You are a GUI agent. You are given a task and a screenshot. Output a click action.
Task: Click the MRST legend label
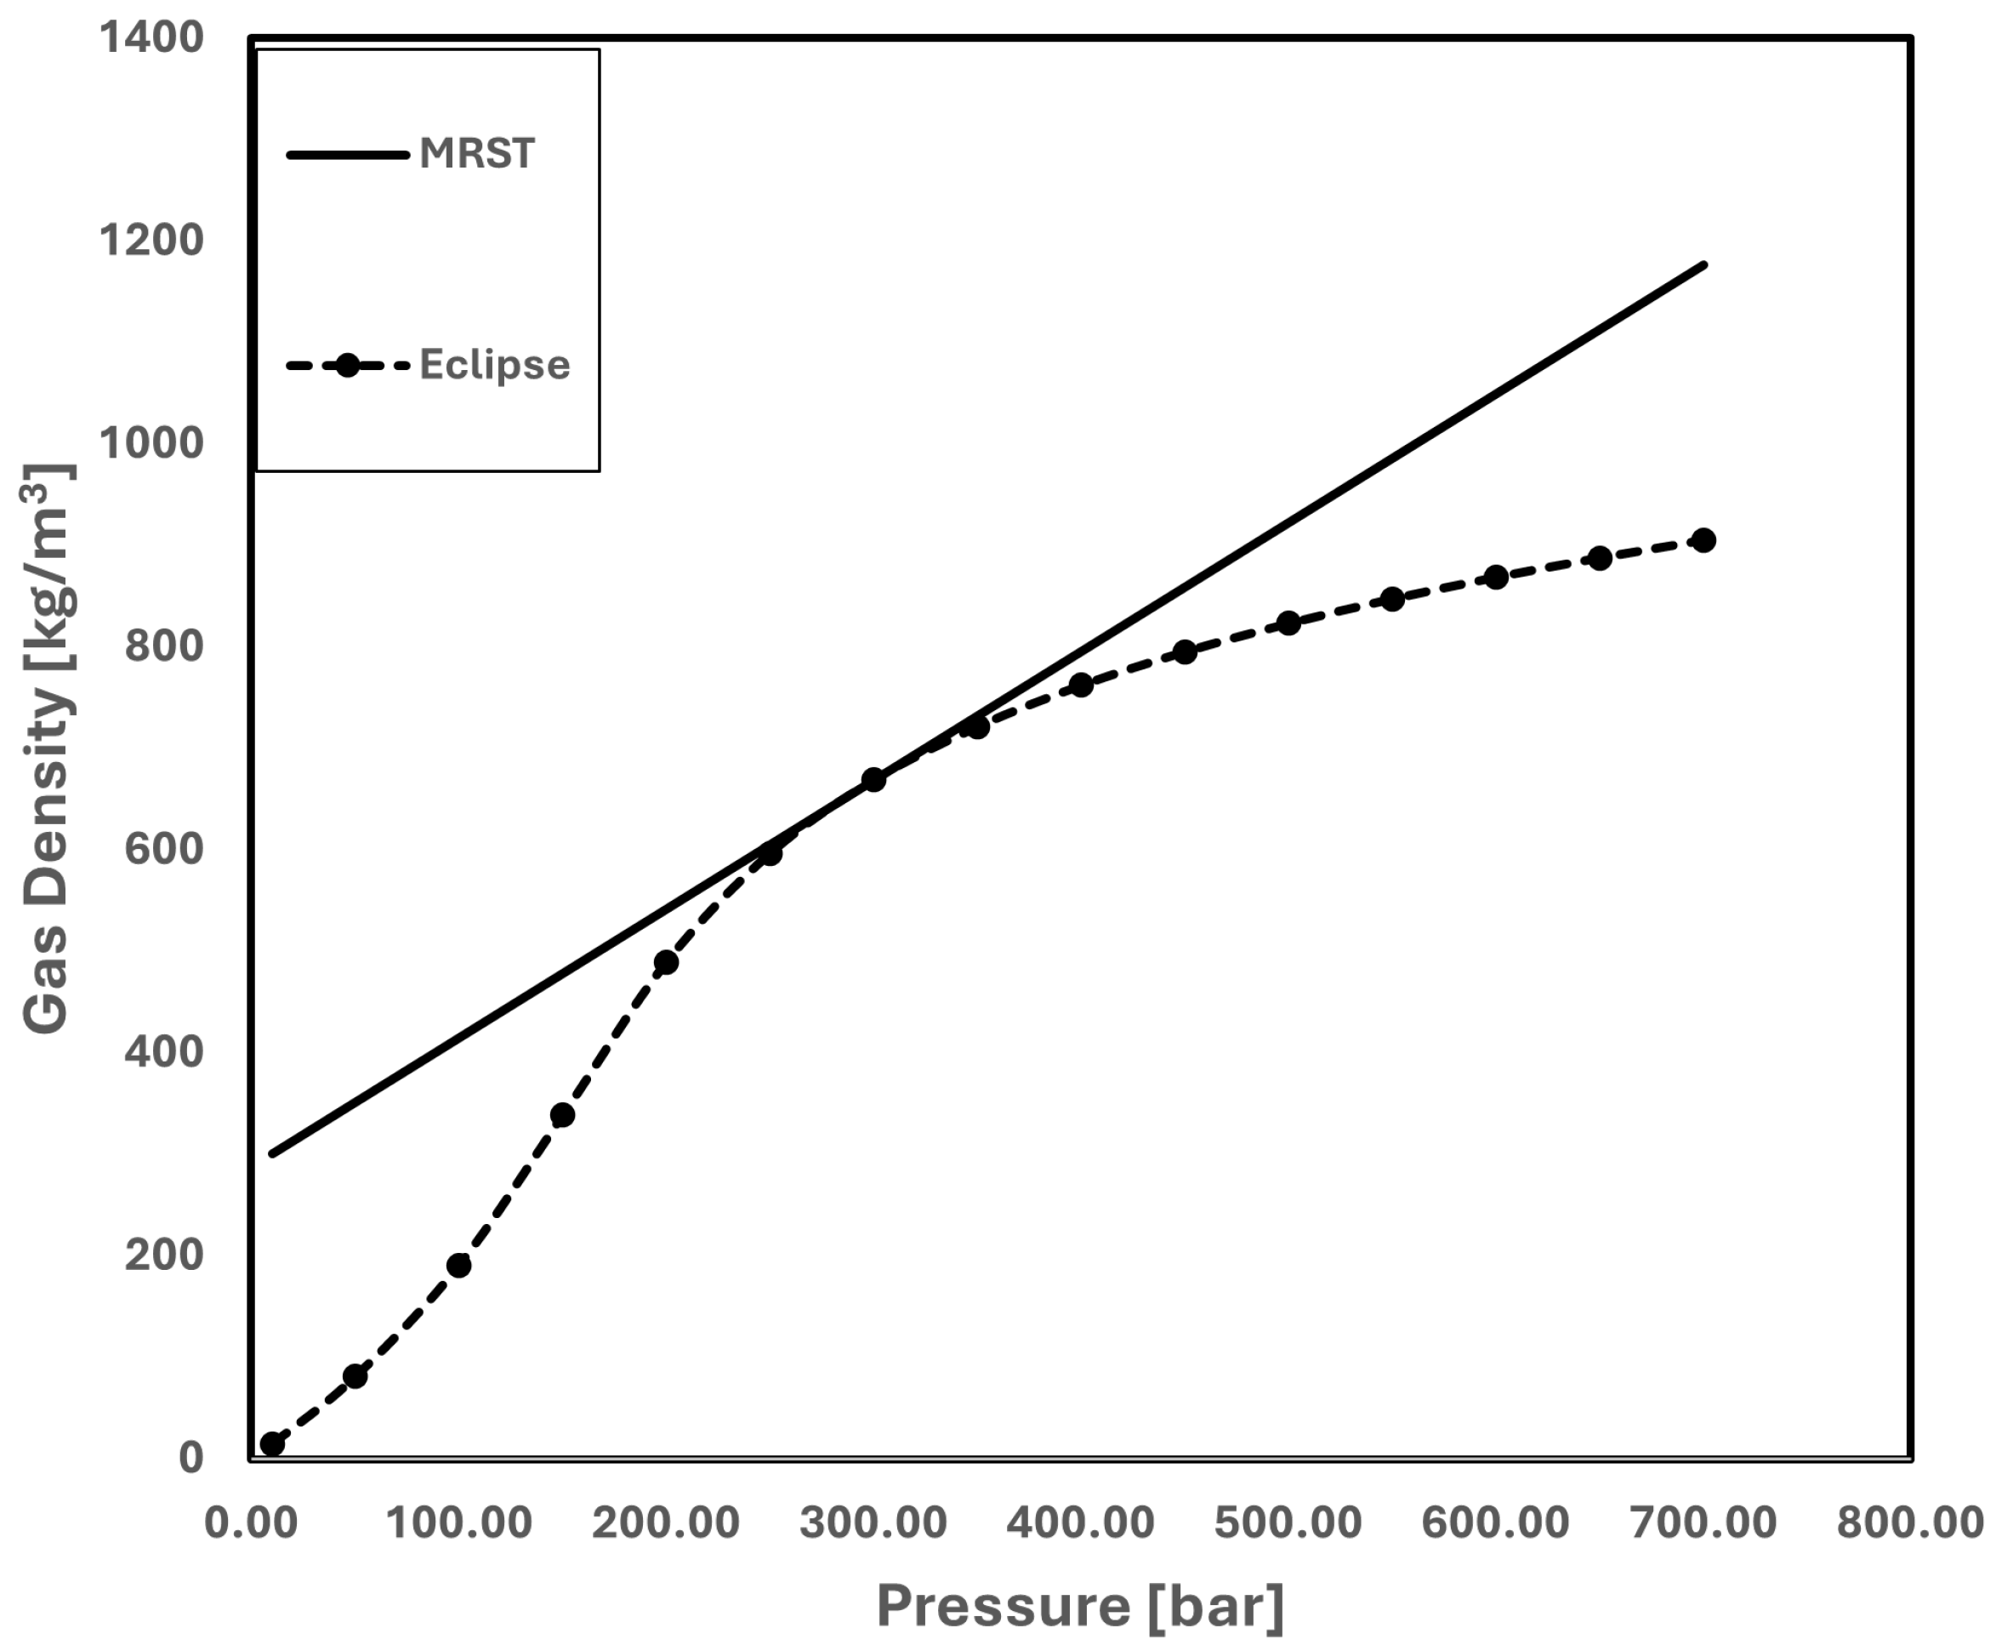click(477, 154)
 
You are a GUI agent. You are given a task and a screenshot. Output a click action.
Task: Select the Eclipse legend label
click(494, 365)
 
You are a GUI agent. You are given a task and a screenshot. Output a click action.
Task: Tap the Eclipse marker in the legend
click(348, 365)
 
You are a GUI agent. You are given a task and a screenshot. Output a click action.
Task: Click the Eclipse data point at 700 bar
click(1704, 540)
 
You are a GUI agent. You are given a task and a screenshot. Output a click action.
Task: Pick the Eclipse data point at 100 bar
click(459, 1265)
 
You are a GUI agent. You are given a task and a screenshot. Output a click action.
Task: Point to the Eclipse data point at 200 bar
click(666, 962)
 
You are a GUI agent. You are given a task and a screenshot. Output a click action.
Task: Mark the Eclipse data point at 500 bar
click(1288, 623)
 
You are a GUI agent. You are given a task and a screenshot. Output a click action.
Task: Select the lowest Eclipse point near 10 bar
click(273, 1443)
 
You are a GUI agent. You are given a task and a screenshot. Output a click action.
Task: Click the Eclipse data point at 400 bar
click(1082, 686)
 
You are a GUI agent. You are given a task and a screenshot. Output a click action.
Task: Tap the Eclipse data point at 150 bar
click(563, 1115)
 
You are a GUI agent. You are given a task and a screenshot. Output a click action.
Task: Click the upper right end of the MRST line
click(1704, 265)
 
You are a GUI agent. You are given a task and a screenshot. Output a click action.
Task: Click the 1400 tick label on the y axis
click(152, 39)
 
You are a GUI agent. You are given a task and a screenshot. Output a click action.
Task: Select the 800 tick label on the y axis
click(164, 646)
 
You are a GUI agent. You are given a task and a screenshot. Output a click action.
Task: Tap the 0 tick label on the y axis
click(191, 1458)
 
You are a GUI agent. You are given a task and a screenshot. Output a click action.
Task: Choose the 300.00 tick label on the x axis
click(873, 1523)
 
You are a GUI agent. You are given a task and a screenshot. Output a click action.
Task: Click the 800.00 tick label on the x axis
click(1910, 1523)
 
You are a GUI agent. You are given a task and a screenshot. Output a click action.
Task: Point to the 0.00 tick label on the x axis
click(251, 1523)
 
